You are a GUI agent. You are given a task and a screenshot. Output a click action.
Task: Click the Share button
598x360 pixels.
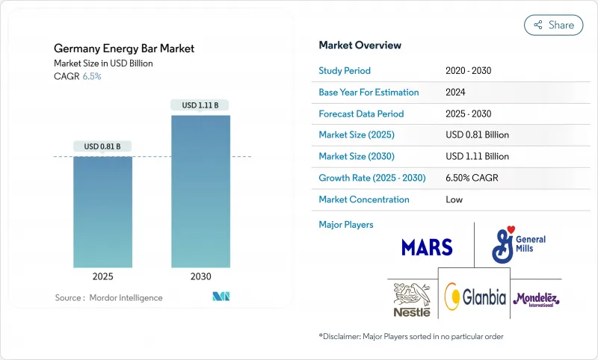[554, 25]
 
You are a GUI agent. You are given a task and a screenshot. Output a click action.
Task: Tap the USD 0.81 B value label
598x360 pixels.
[102, 146]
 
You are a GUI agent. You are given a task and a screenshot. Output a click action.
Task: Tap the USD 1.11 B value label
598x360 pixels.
[200, 105]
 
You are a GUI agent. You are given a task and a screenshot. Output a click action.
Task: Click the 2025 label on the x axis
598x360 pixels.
[102, 276]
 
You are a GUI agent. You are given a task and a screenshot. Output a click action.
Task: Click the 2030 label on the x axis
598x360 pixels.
[200, 276]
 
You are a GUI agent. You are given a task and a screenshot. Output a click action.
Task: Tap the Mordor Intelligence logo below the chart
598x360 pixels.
[221, 297]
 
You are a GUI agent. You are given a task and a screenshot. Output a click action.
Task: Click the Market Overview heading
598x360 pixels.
[360, 46]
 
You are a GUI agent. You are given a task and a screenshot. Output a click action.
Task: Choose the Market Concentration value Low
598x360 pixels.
[454, 199]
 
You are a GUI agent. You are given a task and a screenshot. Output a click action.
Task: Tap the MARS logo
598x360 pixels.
[427, 247]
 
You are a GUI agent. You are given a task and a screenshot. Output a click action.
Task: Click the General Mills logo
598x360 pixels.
[519, 244]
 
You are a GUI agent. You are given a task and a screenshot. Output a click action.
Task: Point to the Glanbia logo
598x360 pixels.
[475, 297]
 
